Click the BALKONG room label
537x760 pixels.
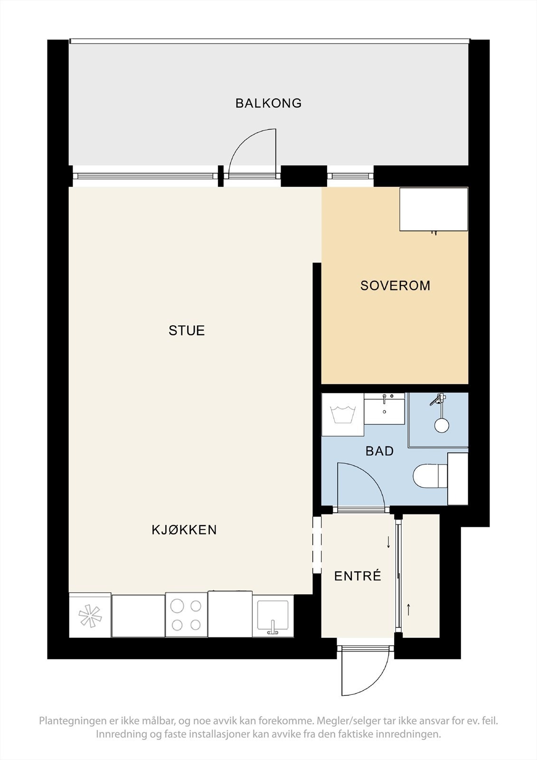[x=268, y=103]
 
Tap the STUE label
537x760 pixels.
[x=187, y=331]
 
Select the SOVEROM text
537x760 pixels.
[x=395, y=285]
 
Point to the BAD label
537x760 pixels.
[x=379, y=451]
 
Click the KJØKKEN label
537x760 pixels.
[x=184, y=530]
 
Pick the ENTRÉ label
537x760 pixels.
[x=358, y=576]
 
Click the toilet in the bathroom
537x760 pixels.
[x=429, y=476]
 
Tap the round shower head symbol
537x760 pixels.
[x=442, y=425]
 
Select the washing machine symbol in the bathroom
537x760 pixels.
[x=343, y=415]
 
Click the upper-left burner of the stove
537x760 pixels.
[x=177, y=606]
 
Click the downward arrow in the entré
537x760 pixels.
[x=388, y=542]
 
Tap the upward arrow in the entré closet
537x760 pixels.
[x=408, y=608]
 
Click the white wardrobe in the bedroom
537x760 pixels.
[x=433, y=209]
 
